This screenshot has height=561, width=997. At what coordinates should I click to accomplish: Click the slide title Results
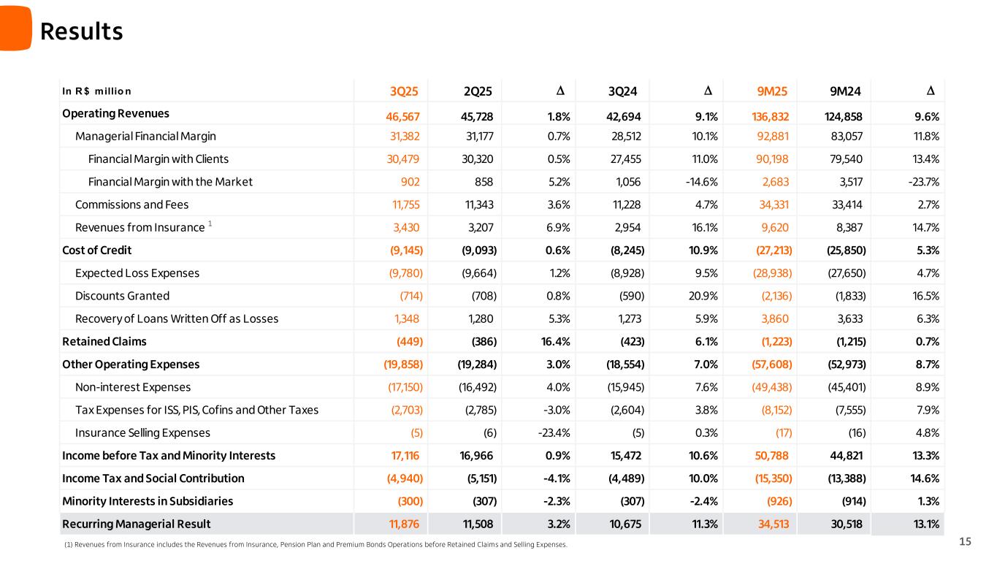81,31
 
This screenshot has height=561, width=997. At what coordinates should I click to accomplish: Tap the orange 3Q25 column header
404,91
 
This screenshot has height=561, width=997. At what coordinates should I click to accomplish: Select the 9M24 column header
846,91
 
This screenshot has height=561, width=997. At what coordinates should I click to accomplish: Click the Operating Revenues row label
115,113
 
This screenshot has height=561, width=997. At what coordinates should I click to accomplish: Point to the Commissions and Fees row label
131,205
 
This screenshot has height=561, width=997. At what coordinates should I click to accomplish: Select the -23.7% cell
922,182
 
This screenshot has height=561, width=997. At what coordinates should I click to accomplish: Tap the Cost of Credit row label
96,250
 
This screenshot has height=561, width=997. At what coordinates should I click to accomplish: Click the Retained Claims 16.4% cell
554,341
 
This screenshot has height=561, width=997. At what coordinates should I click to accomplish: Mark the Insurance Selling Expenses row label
142,432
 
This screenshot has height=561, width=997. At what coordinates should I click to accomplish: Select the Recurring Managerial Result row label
136,524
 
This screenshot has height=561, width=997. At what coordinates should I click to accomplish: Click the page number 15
965,541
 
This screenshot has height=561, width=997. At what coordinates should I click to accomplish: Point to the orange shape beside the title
15,28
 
